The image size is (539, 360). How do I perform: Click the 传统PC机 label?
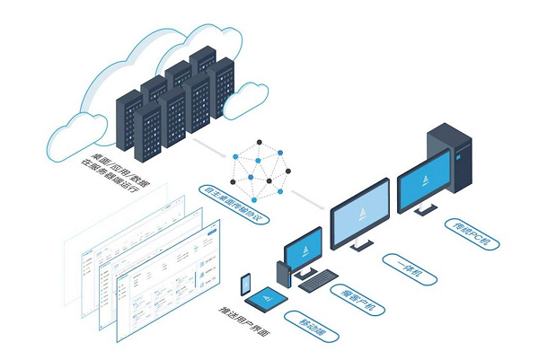click(x=473, y=230)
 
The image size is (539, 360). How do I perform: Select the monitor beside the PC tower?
click(x=423, y=179)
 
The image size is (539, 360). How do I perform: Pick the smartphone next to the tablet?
click(x=245, y=284)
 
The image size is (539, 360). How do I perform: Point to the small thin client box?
click(x=280, y=269)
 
